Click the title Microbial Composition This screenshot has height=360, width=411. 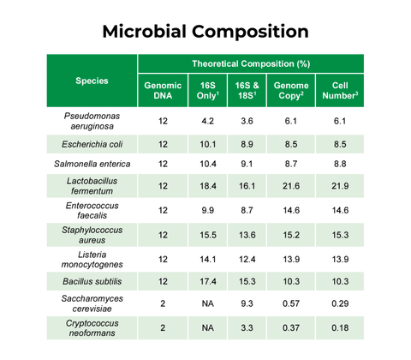pos(205,32)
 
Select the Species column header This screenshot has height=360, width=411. pos(92,81)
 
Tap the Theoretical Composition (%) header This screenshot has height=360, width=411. pos(250,64)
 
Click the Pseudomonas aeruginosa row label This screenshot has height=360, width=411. pos(92,120)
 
